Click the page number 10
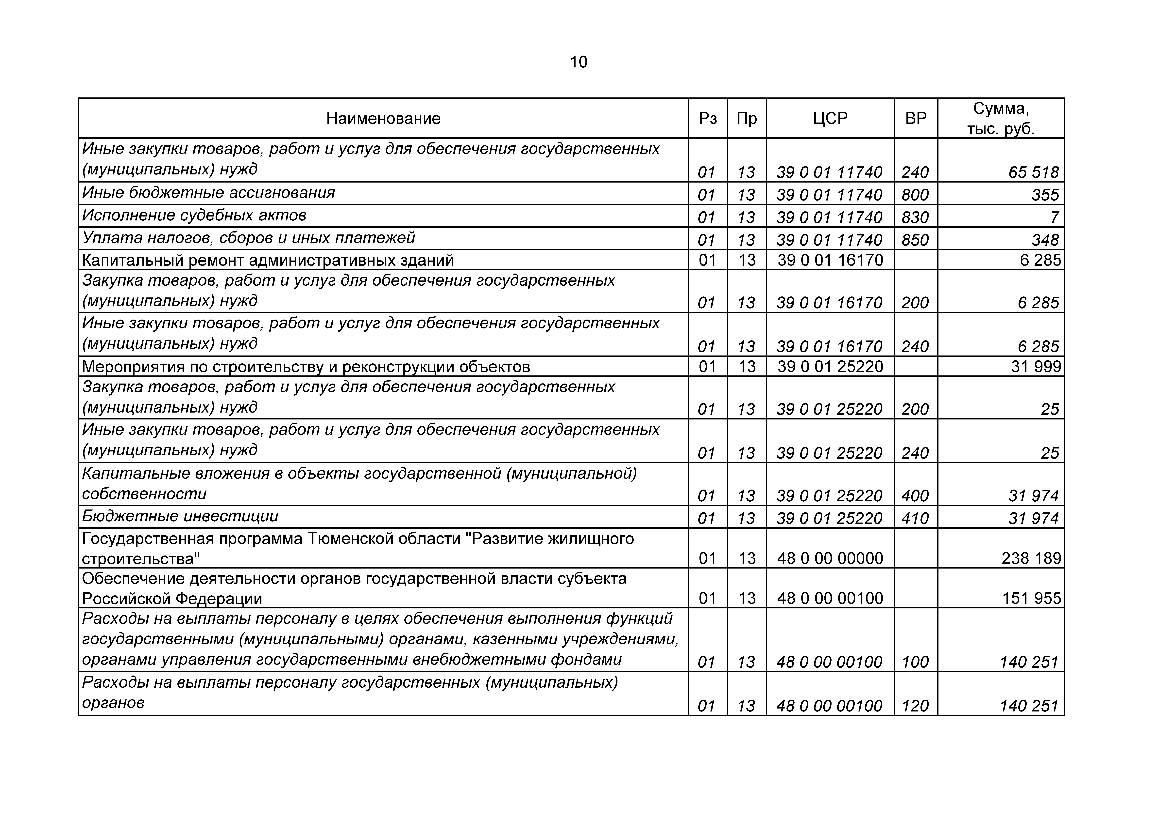[x=579, y=62]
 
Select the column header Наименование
[x=383, y=118]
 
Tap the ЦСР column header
[x=830, y=118]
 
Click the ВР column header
[x=916, y=118]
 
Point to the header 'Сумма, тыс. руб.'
[x=1001, y=118]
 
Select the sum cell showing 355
[x=1045, y=195]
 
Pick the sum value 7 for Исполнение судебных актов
[x=1054, y=217]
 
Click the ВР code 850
[x=915, y=240]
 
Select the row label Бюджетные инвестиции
[x=180, y=517]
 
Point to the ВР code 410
[x=915, y=518]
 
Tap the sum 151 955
[x=1031, y=598]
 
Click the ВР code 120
[x=915, y=706]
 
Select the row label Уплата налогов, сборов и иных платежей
[x=249, y=238]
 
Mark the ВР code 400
[x=915, y=496]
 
